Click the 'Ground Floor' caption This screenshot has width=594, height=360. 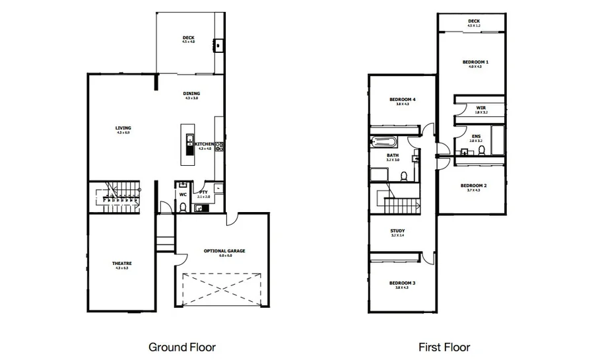tap(181, 347)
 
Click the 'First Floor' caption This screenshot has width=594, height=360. tap(444, 347)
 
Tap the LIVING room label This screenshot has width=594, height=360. tap(123, 128)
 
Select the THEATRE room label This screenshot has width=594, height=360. tap(122, 264)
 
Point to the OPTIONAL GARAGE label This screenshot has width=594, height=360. tap(225, 251)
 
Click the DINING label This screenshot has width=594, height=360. tap(191, 94)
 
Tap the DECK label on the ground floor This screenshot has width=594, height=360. tap(189, 38)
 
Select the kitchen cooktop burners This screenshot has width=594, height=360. tap(219, 147)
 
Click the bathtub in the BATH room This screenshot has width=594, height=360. tap(383, 141)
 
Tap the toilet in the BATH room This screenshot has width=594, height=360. tap(403, 176)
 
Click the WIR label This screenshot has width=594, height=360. tap(480, 108)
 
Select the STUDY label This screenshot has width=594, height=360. tap(397, 231)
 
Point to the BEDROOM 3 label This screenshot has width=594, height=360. tap(402, 283)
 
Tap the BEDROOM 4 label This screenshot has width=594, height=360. tap(402, 100)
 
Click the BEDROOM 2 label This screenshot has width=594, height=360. tap(473, 186)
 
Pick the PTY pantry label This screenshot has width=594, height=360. tap(203, 192)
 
